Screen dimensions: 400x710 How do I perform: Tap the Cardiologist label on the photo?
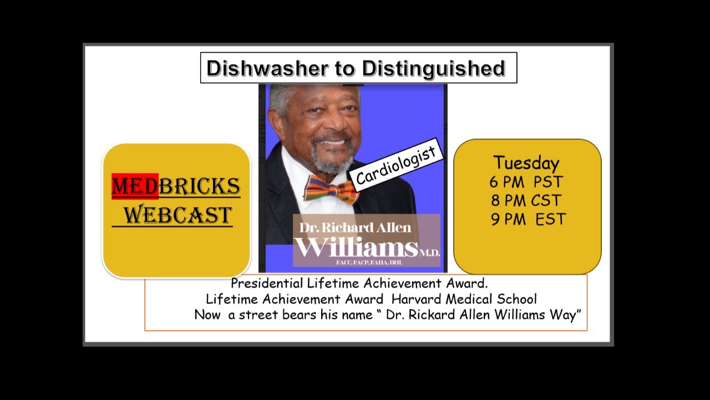(396, 164)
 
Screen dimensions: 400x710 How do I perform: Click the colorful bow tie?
(331, 189)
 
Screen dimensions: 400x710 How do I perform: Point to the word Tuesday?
(526, 163)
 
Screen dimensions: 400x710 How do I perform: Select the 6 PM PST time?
(526, 182)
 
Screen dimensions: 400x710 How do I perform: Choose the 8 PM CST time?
(526, 201)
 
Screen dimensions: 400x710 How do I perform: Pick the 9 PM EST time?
(528, 219)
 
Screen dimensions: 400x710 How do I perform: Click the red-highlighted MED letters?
(135, 187)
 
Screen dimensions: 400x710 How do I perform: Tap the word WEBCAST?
(177, 214)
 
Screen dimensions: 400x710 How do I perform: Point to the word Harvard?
(419, 299)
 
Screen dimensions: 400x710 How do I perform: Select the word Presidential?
(267, 283)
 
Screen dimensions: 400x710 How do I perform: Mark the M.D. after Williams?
(429, 253)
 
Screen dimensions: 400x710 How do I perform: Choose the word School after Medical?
(517, 299)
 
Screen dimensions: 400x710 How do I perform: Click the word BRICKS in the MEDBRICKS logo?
(199, 187)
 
